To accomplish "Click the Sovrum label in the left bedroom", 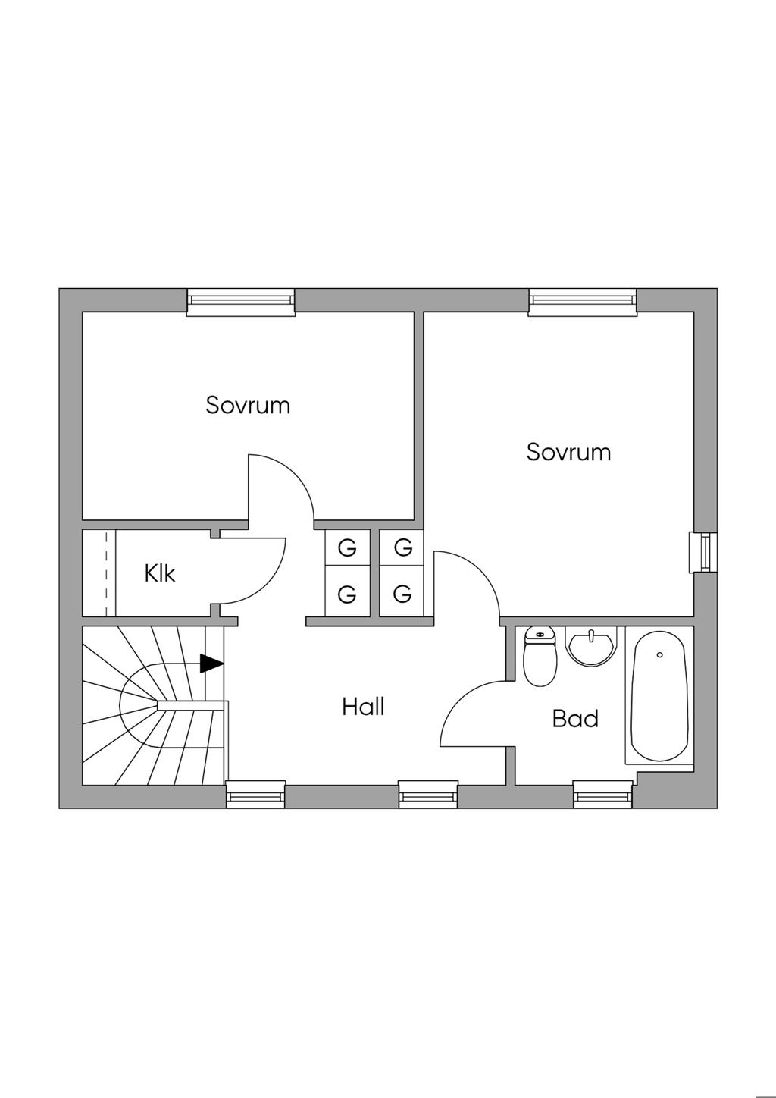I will (x=248, y=405).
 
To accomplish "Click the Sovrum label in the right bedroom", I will (x=568, y=452).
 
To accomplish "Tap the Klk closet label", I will (x=160, y=573).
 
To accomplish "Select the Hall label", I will (x=363, y=707).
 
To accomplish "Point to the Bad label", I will (x=575, y=718).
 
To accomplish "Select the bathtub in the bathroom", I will (x=659, y=696).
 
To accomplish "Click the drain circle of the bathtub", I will (x=660, y=654).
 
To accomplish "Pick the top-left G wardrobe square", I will (x=347, y=547).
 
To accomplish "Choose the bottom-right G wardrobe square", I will (x=402, y=594).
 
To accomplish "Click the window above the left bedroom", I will (x=241, y=301).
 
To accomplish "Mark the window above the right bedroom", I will (x=583, y=301).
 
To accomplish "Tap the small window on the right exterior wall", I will (x=703, y=552).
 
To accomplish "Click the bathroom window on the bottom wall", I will (x=602, y=794).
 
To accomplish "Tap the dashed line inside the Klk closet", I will (x=106, y=573).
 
